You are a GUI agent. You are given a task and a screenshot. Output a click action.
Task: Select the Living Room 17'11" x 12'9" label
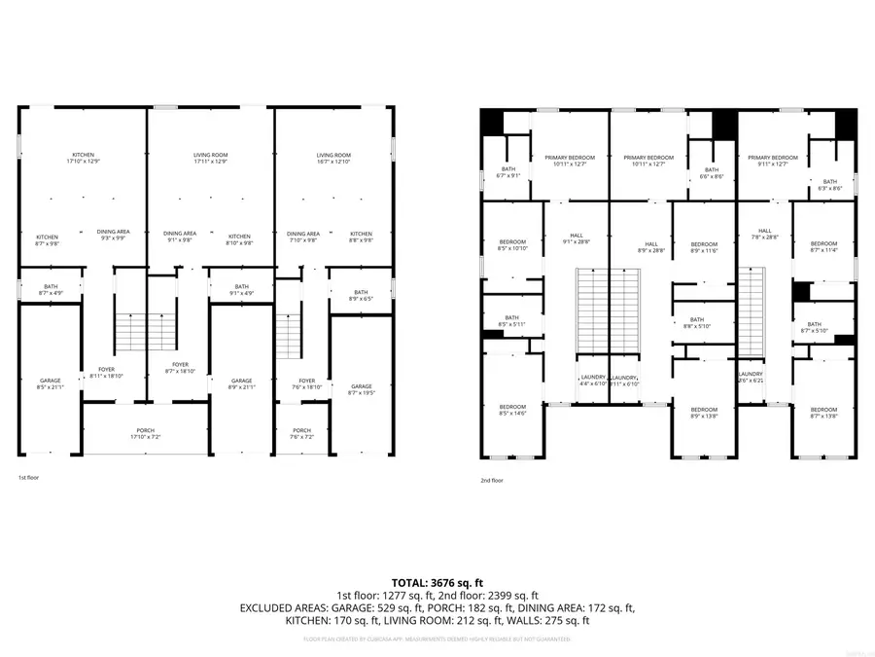pyautogui.click(x=210, y=159)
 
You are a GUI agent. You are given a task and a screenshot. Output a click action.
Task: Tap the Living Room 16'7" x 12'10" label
pyautogui.click(x=333, y=159)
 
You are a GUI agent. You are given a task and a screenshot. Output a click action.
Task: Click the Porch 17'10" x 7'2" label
pyautogui.click(x=145, y=434)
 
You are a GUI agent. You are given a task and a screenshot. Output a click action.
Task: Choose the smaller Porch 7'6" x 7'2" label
pyautogui.click(x=302, y=434)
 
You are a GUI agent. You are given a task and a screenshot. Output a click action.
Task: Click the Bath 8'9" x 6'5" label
pyautogui.click(x=361, y=296)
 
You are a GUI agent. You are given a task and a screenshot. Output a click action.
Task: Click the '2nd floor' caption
pyautogui.click(x=492, y=480)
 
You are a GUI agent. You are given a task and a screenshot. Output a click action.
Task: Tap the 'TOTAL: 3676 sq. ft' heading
pyautogui.click(x=437, y=581)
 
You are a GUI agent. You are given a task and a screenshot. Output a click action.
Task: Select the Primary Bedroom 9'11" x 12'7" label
pyautogui.click(x=773, y=161)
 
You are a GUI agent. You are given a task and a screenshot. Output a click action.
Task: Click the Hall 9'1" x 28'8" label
pyautogui.click(x=577, y=238)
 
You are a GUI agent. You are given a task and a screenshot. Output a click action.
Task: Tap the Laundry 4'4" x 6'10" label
pyautogui.click(x=592, y=381)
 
